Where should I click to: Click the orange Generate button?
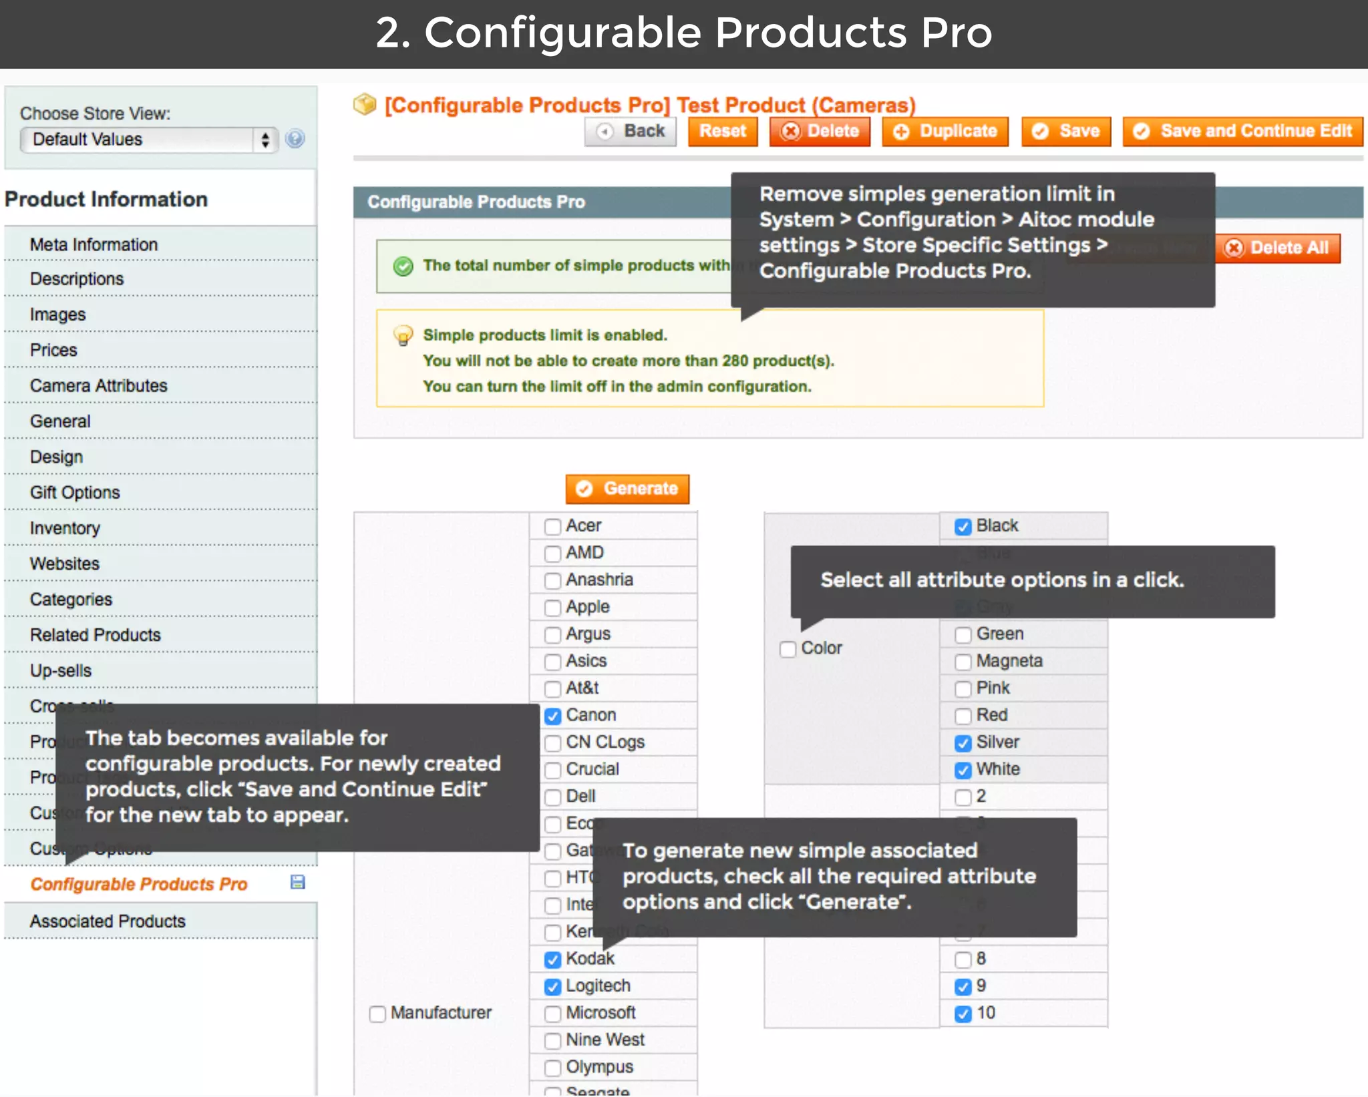pos(627,489)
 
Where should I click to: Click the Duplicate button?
pos(945,131)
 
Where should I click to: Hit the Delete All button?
pos(1277,248)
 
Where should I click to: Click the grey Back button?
pos(631,131)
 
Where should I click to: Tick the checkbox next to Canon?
pos(552,716)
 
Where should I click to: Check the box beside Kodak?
pos(552,959)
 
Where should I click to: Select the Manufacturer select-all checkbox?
pos(377,1014)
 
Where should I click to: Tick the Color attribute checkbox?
pos(788,649)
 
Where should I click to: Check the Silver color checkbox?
pos(963,742)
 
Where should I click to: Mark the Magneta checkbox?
pos(963,662)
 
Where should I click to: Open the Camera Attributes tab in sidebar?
pos(98,385)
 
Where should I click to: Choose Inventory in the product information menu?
pos(65,528)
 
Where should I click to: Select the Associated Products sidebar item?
pos(108,921)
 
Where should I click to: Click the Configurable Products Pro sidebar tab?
pos(139,884)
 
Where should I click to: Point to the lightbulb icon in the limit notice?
pos(403,335)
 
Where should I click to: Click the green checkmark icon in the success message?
pos(403,266)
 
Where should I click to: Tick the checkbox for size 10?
pos(963,1014)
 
